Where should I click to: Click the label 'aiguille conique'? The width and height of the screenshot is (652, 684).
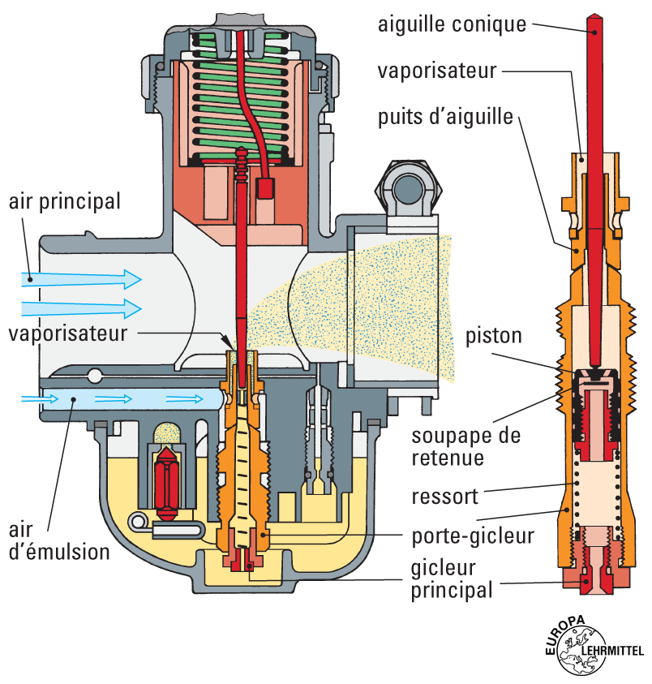click(452, 24)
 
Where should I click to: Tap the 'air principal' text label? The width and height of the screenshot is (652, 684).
click(64, 200)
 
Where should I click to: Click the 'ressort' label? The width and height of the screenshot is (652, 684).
click(444, 496)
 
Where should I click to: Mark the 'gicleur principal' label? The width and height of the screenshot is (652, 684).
click(449, 579)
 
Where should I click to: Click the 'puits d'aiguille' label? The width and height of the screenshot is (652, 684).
click(445, 117)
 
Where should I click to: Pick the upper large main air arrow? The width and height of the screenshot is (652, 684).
click(81, 278)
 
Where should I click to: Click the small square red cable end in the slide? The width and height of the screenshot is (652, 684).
click(266, 188)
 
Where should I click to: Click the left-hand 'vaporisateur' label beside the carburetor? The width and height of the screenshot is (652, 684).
click(68, 333)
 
